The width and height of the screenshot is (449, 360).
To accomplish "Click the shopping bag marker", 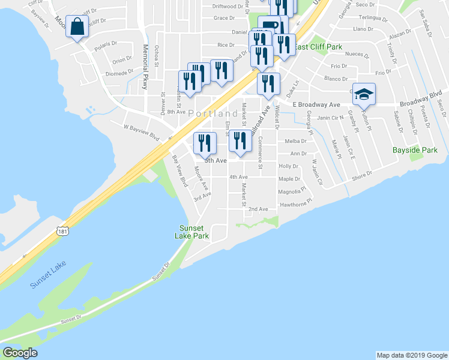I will (x=77, y=27).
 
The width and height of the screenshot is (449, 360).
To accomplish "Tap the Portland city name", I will (x=212, y=113).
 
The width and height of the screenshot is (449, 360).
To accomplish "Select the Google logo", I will (x=20, y=353).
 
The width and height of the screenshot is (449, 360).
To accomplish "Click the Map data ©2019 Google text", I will (x=411, y=355).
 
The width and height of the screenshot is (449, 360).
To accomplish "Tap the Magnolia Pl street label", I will (x=291, y=192).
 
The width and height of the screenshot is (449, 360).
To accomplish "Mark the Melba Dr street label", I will (x=296, y=142).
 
